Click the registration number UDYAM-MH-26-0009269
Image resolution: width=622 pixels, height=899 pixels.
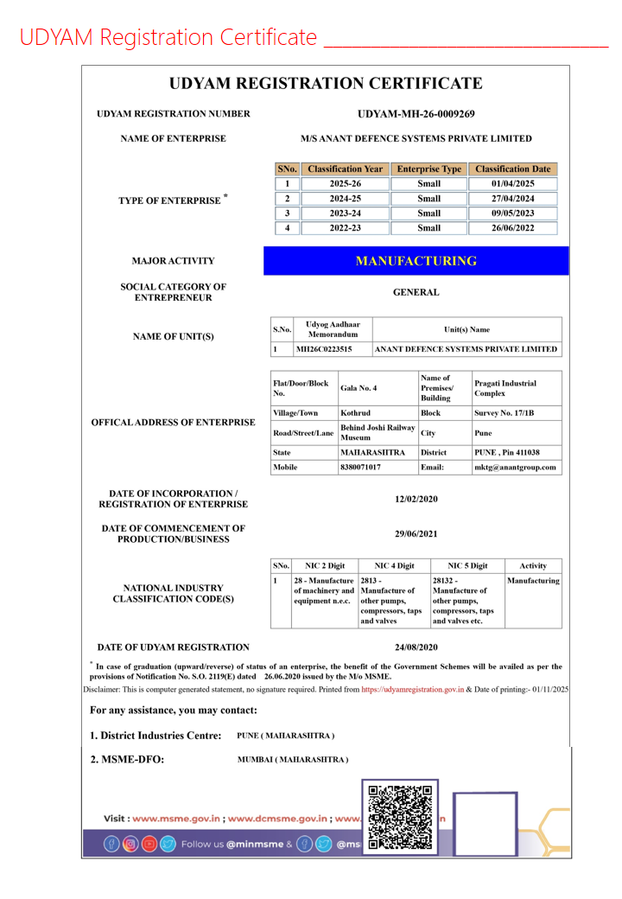416,113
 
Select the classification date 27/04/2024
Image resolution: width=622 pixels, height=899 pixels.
512,198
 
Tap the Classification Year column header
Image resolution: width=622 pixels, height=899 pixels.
345,169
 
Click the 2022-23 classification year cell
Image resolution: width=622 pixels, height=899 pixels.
345,228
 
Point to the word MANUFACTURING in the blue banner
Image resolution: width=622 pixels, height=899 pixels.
416,261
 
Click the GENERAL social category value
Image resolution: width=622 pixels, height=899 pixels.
416,292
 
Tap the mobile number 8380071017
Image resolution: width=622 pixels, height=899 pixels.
361,467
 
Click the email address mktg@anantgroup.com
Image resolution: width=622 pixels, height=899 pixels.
516,467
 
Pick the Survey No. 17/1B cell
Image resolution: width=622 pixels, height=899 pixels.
505,413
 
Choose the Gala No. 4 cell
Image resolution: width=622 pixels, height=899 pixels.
359,388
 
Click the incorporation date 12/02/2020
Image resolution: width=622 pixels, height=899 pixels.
416,499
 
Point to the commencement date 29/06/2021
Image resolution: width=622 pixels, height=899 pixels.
416,533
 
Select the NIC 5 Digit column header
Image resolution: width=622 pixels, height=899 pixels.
466,565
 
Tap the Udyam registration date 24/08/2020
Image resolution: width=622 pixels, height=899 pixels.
416,647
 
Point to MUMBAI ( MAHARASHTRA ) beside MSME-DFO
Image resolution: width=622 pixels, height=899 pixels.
292,759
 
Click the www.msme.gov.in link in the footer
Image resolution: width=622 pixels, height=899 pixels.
176,818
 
